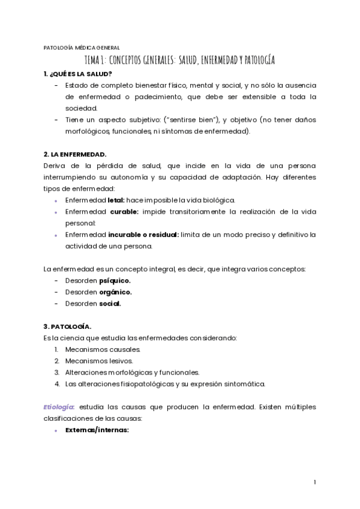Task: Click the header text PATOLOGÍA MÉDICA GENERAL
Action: click(x=82, y=48)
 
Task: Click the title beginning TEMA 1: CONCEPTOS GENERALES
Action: click(x=180, y=61)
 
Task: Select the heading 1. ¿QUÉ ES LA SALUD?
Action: click(x=77, y=74)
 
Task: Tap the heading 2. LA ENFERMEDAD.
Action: click(x=75, y=154)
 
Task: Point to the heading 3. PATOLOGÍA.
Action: click(x=68, y=327)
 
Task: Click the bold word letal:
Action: click(x=116, y=200)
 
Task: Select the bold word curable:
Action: click(x=123, y=212)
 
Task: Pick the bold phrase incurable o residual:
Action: click(x=143, y=234)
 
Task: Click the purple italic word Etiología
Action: click(x=58, y=407)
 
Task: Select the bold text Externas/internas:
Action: click(x=97, y=430)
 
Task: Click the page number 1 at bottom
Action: click(x=314, y=482)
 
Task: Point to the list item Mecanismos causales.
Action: click(x=103, y=349)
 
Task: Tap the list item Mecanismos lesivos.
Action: click(x=99, y=361)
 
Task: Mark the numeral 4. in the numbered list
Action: click(x=56, y=384)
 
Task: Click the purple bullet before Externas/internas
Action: click(x=56, y=430)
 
